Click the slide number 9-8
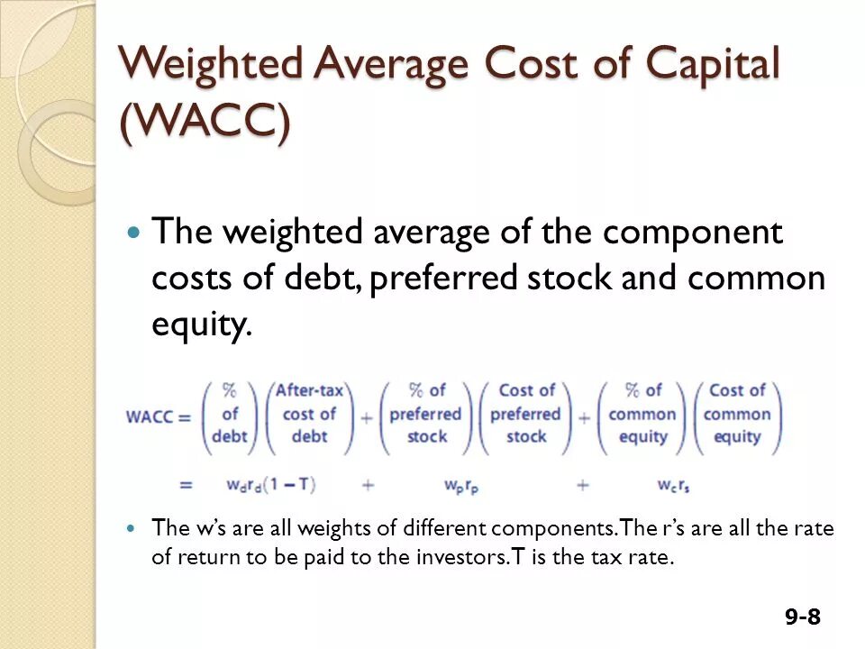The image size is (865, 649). (802, 617)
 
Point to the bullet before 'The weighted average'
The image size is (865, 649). (133, 233)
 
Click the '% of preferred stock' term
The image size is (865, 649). (425, 414)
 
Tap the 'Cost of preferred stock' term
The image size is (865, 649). (526, 414)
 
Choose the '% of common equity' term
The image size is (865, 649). (642, 414)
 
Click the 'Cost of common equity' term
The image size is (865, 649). (737, 414)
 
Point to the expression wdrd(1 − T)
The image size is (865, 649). (270, 484)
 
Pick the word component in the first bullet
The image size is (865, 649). (693, 233)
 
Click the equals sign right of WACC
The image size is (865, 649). (186, 416)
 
